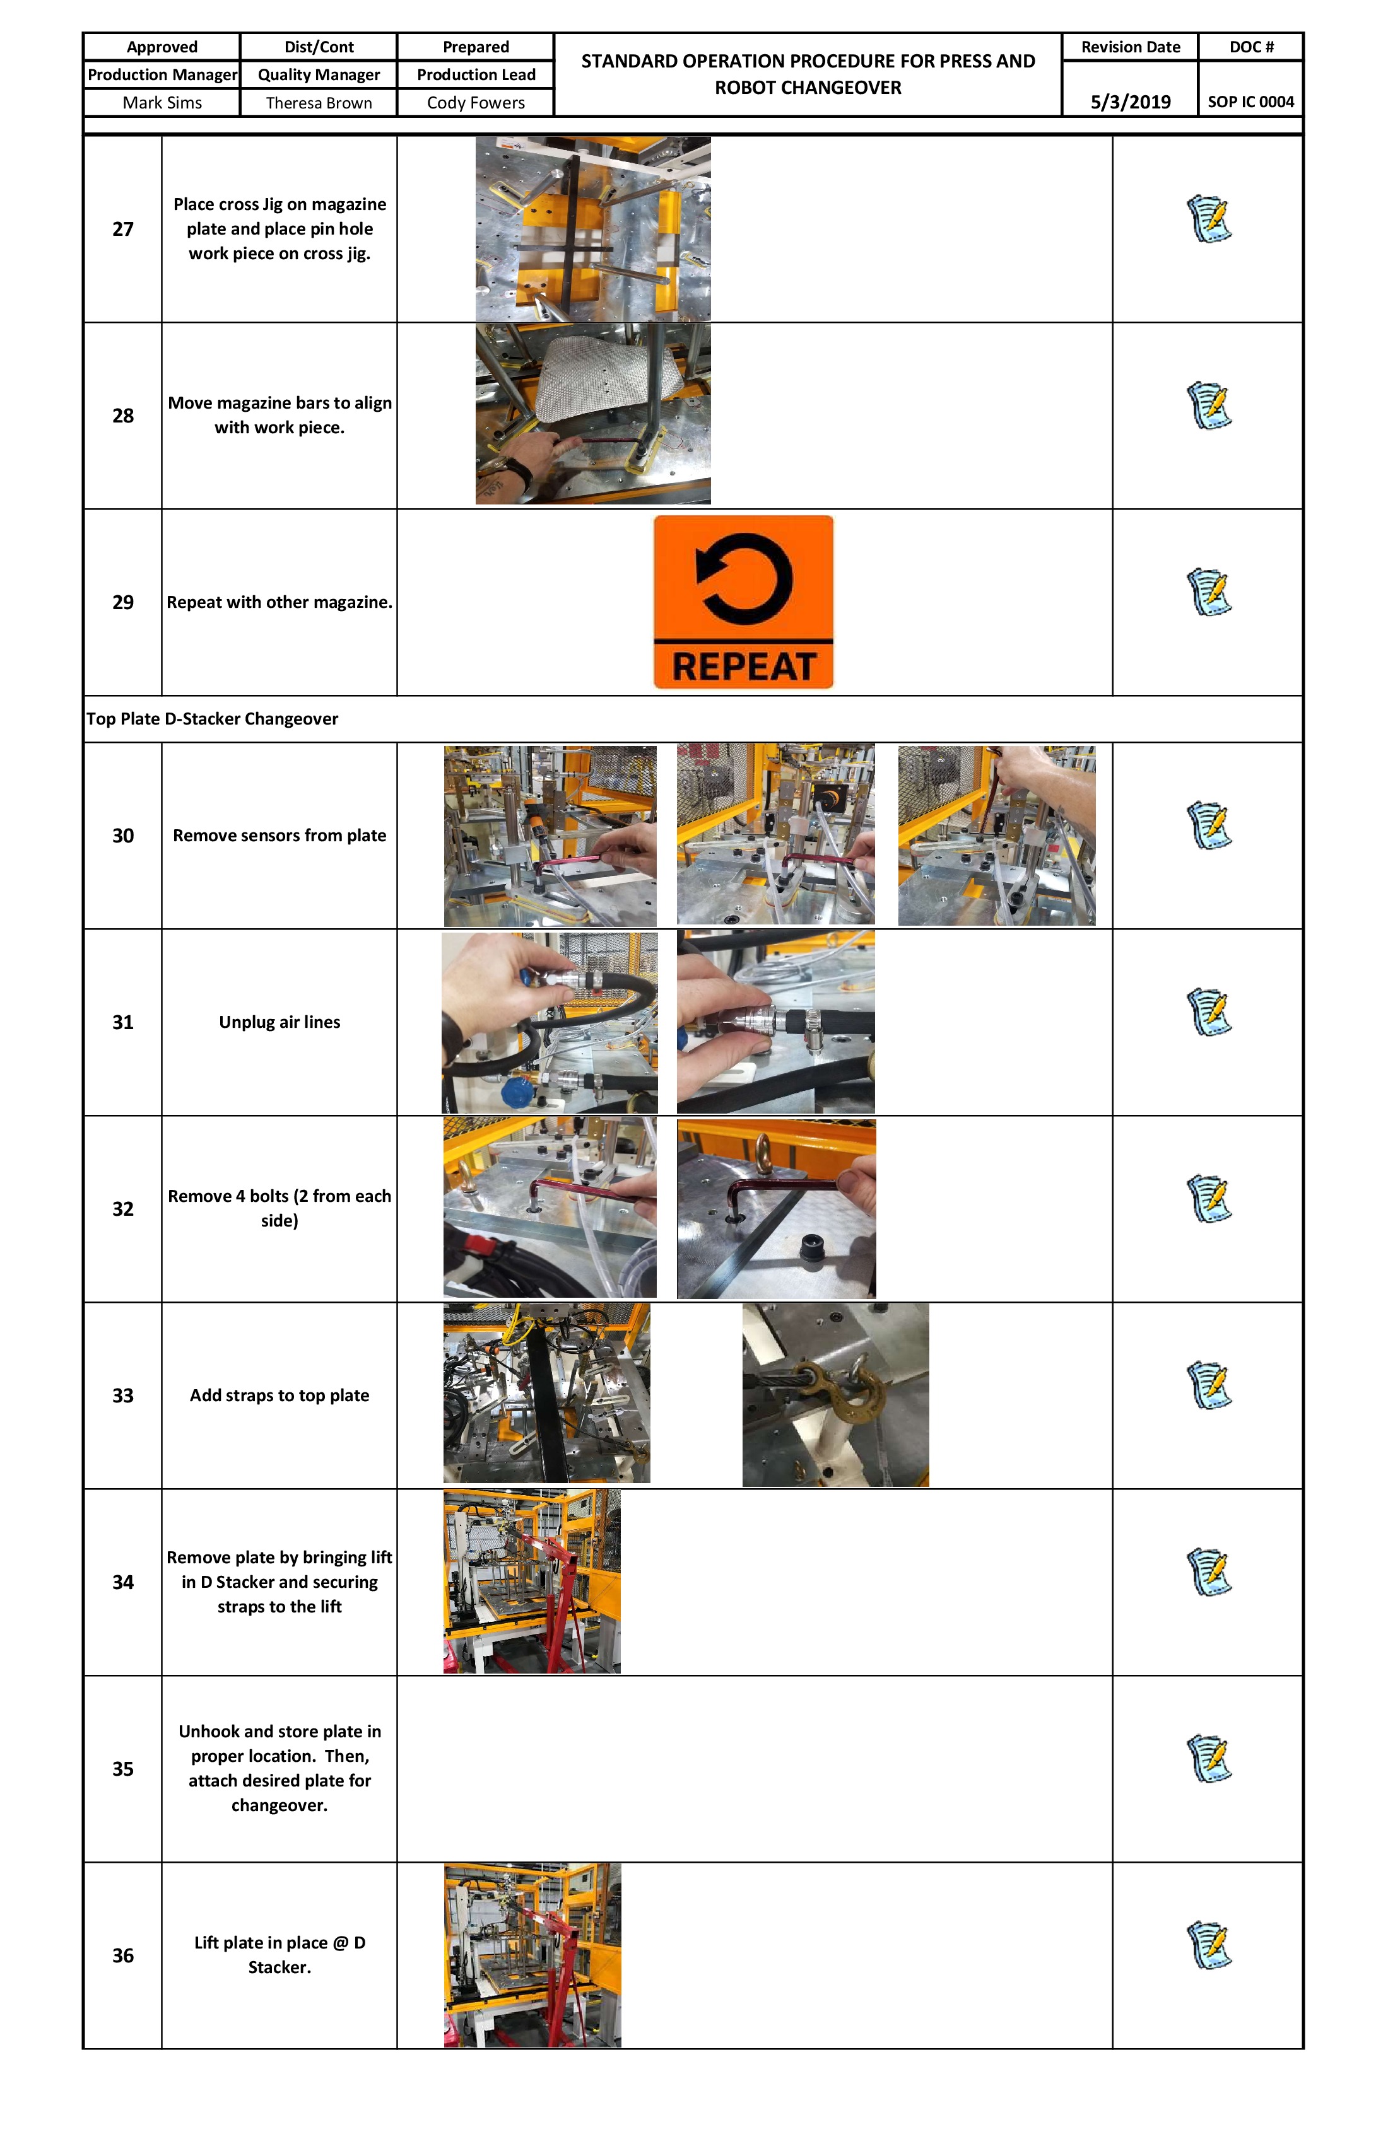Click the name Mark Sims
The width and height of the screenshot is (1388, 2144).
(162, 103)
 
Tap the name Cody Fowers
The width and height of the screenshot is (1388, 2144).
(475, 103)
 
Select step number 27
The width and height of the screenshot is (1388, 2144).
(122, 229)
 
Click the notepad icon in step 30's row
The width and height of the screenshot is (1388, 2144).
(1209, 825)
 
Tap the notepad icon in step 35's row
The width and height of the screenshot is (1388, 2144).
(1209, 1759)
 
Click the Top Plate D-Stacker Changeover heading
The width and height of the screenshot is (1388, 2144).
(213, 719)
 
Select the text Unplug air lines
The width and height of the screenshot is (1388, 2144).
(279, 1022)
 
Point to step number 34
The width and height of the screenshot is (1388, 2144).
(122, 1582)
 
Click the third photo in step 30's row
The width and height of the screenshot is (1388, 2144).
(996, 835)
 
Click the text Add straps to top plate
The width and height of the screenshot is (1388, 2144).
(279, 1395)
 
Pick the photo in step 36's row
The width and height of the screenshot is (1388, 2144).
(532, 1955)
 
